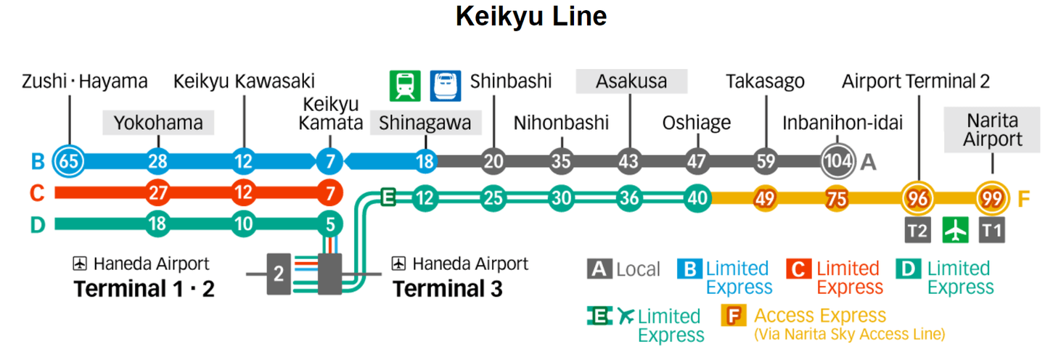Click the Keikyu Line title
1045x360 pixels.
(530, 16)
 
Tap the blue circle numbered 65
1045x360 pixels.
(69, 161)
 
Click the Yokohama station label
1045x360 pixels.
(157, 123)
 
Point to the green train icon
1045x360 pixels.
(405, 85)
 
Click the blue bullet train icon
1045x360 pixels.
(446, 85)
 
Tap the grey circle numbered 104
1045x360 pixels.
(837, 161)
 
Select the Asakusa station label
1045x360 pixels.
(631, 81)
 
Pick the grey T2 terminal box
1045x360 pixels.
(917, 231)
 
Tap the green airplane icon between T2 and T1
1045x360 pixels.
(956, 231)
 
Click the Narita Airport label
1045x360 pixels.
(992, 130)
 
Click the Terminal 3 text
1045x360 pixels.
(447, 289)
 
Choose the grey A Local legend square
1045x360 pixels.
(598, 269)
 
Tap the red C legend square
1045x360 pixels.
(798, 269)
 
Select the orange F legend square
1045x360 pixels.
(733, 316)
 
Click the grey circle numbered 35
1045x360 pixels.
(561, 161)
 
